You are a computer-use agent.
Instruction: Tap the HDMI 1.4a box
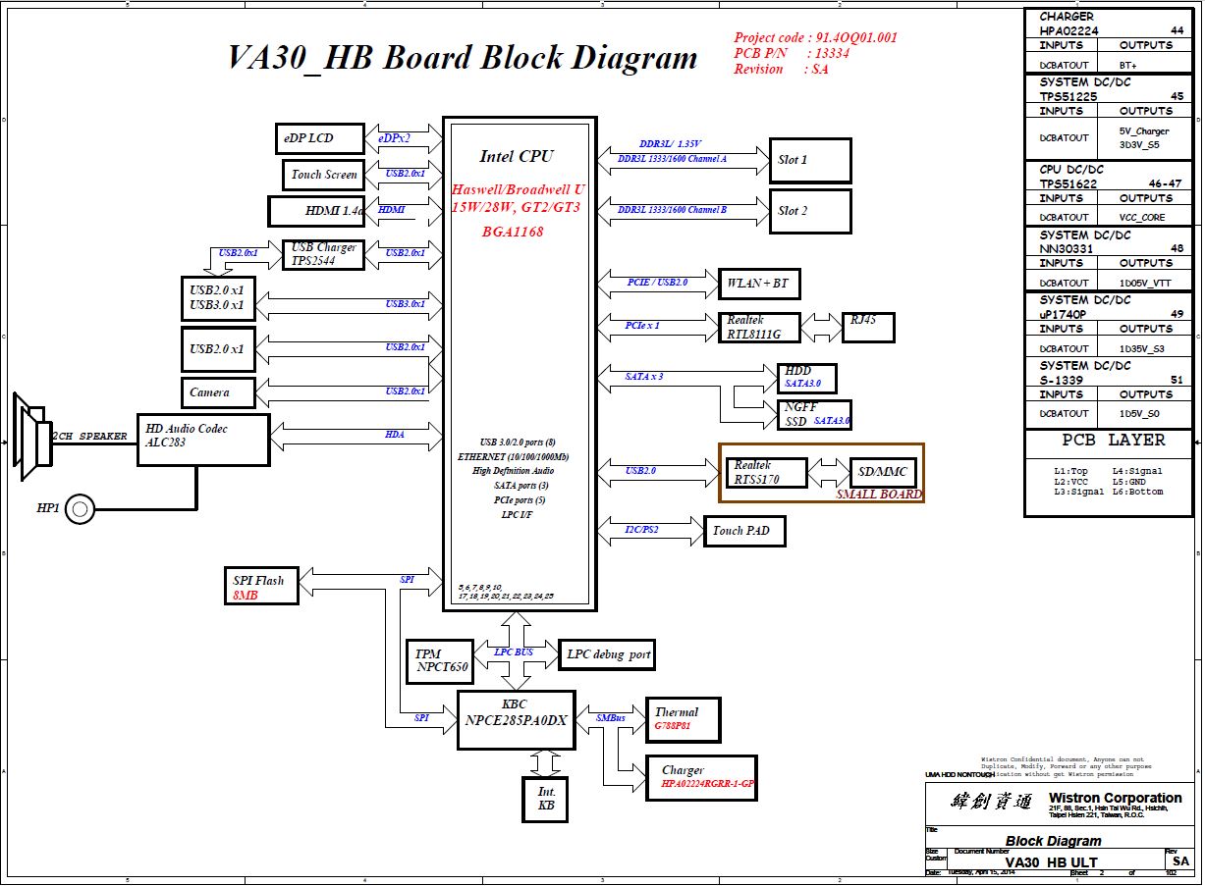tap(316, 211)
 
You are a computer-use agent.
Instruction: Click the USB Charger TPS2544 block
tap(324, 254)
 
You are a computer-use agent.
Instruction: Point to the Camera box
tap(218, 392)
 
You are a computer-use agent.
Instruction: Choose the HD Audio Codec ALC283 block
tap(203, 440)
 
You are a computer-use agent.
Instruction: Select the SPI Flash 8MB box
tap(260, 586)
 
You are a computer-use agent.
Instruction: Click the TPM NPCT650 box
tap(439, 660)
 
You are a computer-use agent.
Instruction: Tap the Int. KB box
tap(546, 799)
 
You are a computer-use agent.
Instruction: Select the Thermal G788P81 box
tap(684, 719)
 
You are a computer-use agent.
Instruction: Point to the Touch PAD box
tap(744, 531)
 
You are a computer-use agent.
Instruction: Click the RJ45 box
tap(868, 327)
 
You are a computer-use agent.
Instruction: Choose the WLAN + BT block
tap(759, 284)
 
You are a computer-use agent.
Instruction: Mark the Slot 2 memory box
tap(810, 211)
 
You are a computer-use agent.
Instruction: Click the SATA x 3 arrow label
tap(644, 376)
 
